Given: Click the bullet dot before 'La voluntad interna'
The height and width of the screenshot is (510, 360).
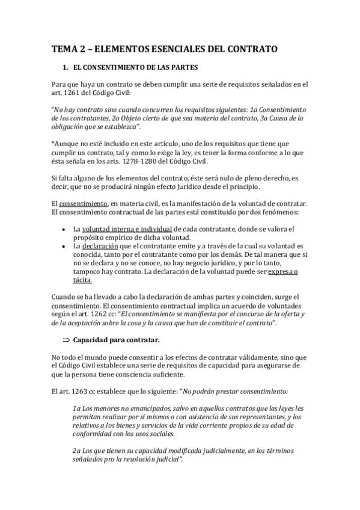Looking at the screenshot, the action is pos(64,229).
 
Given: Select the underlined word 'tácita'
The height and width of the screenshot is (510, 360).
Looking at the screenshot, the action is pos(81,280).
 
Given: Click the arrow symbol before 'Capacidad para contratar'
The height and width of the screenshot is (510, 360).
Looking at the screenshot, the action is pos(67,340).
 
